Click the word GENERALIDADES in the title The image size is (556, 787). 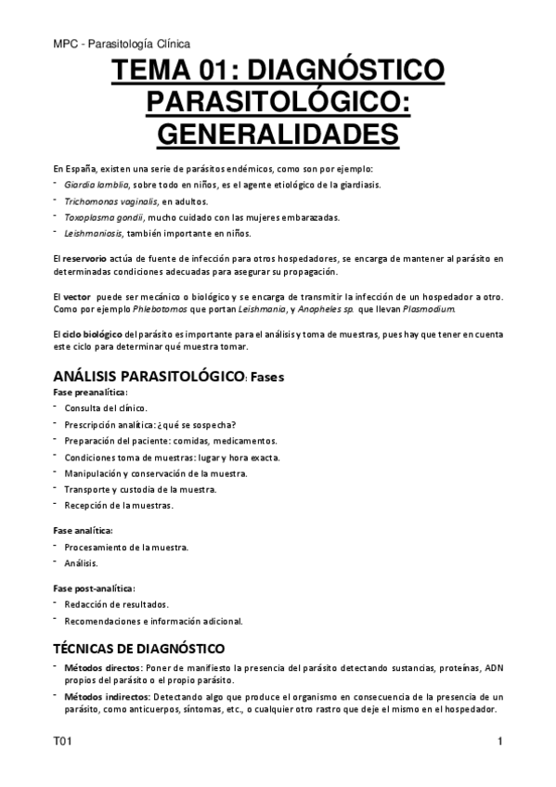(278, 132)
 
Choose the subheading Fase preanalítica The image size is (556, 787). (90, 393)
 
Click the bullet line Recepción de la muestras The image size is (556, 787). (118, 506)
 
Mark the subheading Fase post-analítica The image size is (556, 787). (93, 587)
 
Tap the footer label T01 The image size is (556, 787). (62, 742)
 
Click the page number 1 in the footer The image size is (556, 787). (499, 742)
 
